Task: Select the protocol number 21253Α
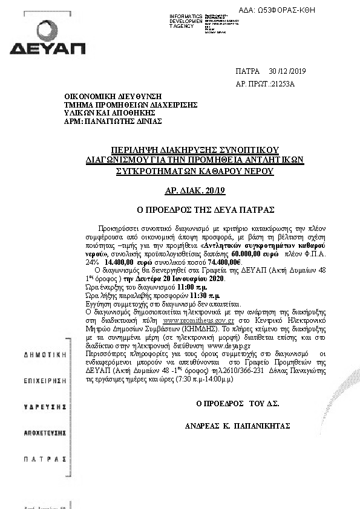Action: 281,84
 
